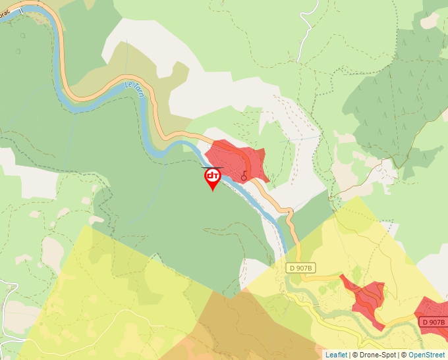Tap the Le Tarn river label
coord(133,90)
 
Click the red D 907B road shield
coord(434,322)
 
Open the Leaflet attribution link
coord(336,355)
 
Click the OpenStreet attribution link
coord(427,355)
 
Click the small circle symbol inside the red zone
coord(244,178)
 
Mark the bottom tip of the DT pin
coord(213,190)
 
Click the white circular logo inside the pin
coord(213,176)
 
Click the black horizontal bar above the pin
coord(212,167)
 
